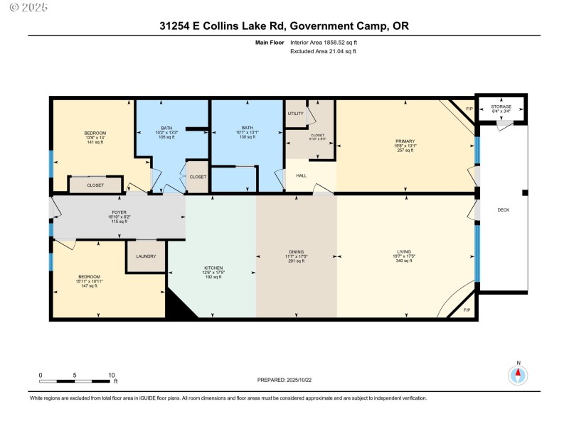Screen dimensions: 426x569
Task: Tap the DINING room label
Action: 297,251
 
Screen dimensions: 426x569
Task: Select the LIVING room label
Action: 404,251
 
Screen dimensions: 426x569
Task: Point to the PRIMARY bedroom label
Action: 405,141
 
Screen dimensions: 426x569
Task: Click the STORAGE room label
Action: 501,106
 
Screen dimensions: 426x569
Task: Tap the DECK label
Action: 504,210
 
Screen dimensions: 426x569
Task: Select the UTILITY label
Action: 296,114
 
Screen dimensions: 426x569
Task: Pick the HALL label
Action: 302,175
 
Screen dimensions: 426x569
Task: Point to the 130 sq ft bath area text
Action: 246,137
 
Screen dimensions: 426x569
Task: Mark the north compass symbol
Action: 519,373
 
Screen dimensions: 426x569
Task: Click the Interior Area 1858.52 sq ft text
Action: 324,43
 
